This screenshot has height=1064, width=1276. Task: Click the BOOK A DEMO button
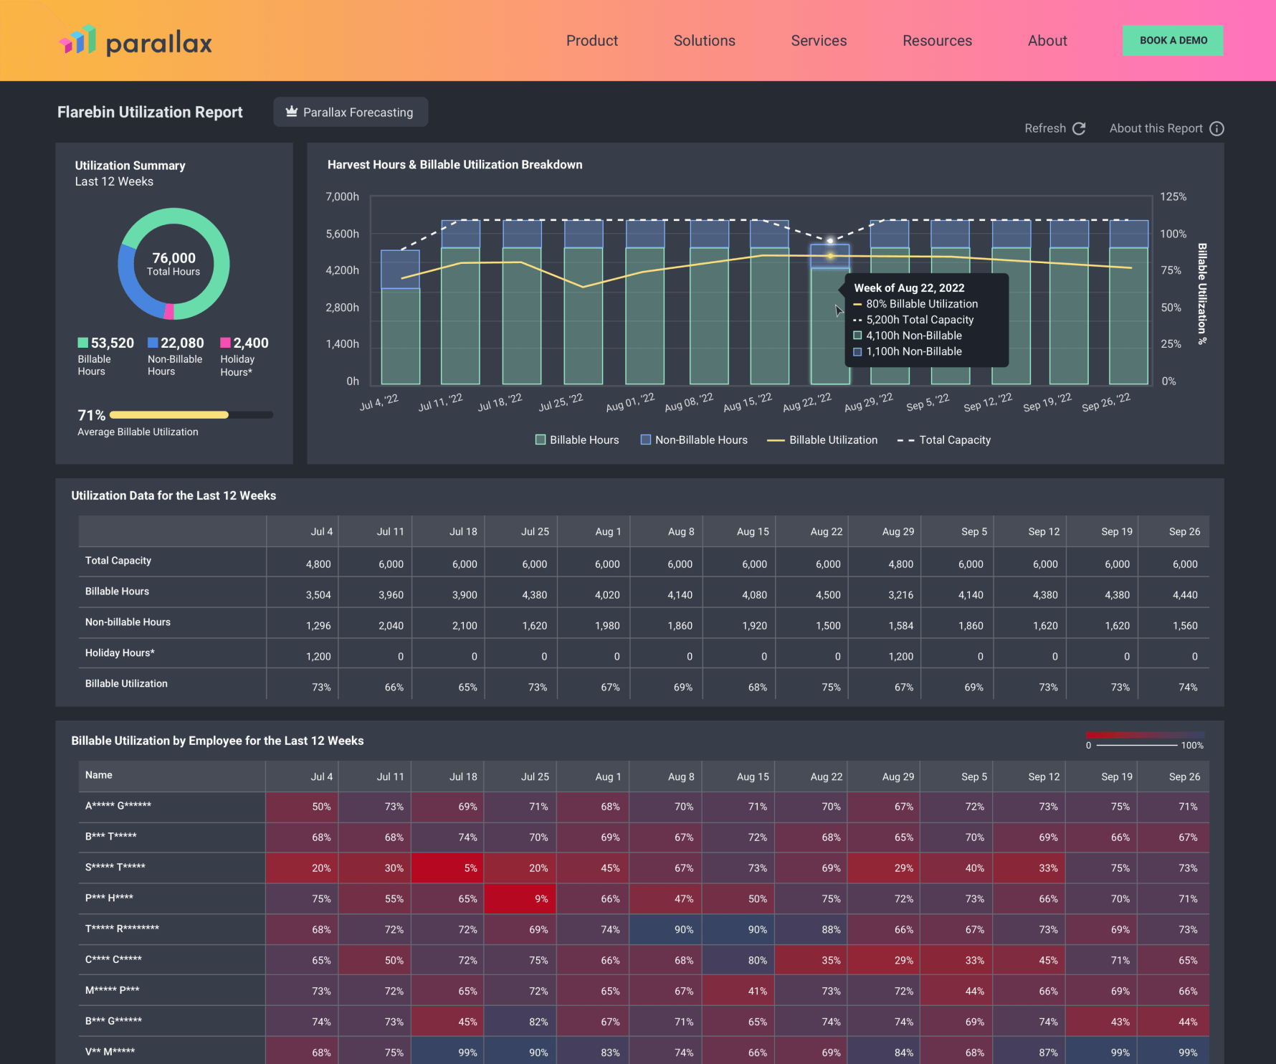1172,41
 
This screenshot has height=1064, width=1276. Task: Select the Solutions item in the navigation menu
704,41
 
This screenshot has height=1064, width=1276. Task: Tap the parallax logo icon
77,40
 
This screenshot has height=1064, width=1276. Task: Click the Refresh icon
1079,128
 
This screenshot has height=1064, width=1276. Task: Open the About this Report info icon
1217,128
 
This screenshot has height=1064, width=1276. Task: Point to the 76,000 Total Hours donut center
173,263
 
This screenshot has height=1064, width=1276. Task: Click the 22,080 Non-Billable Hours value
182,343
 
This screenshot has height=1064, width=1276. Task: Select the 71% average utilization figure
91,415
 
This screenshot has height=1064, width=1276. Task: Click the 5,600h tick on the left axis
342,234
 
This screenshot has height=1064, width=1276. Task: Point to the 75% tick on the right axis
1171,270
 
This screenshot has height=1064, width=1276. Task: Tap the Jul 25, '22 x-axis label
561,402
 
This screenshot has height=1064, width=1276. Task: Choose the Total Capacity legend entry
944,440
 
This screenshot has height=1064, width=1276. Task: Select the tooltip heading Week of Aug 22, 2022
909,288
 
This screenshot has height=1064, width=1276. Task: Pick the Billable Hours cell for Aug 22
828,595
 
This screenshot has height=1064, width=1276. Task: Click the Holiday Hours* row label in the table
120,653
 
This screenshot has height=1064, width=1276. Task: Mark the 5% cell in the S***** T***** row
470,868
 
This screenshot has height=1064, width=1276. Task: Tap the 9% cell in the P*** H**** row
541,899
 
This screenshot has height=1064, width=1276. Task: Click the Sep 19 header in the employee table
1116,776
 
